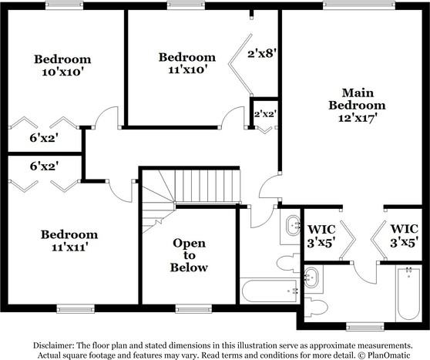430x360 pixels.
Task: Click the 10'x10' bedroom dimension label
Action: tap(63, 72)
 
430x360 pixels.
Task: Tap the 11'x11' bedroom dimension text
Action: tap(69, 247)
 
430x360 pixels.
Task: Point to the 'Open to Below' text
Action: tap(190, 255)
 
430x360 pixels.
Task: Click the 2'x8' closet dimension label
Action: tap(260, 55)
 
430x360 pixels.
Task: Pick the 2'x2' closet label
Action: tap(266, 114)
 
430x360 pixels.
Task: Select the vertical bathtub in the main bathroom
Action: tap(407, 294)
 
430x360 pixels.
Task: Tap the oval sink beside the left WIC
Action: tap(294, 226)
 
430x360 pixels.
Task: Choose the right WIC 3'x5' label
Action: tap(404, 234)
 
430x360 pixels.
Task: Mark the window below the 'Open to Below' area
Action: tap(193, 309)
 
